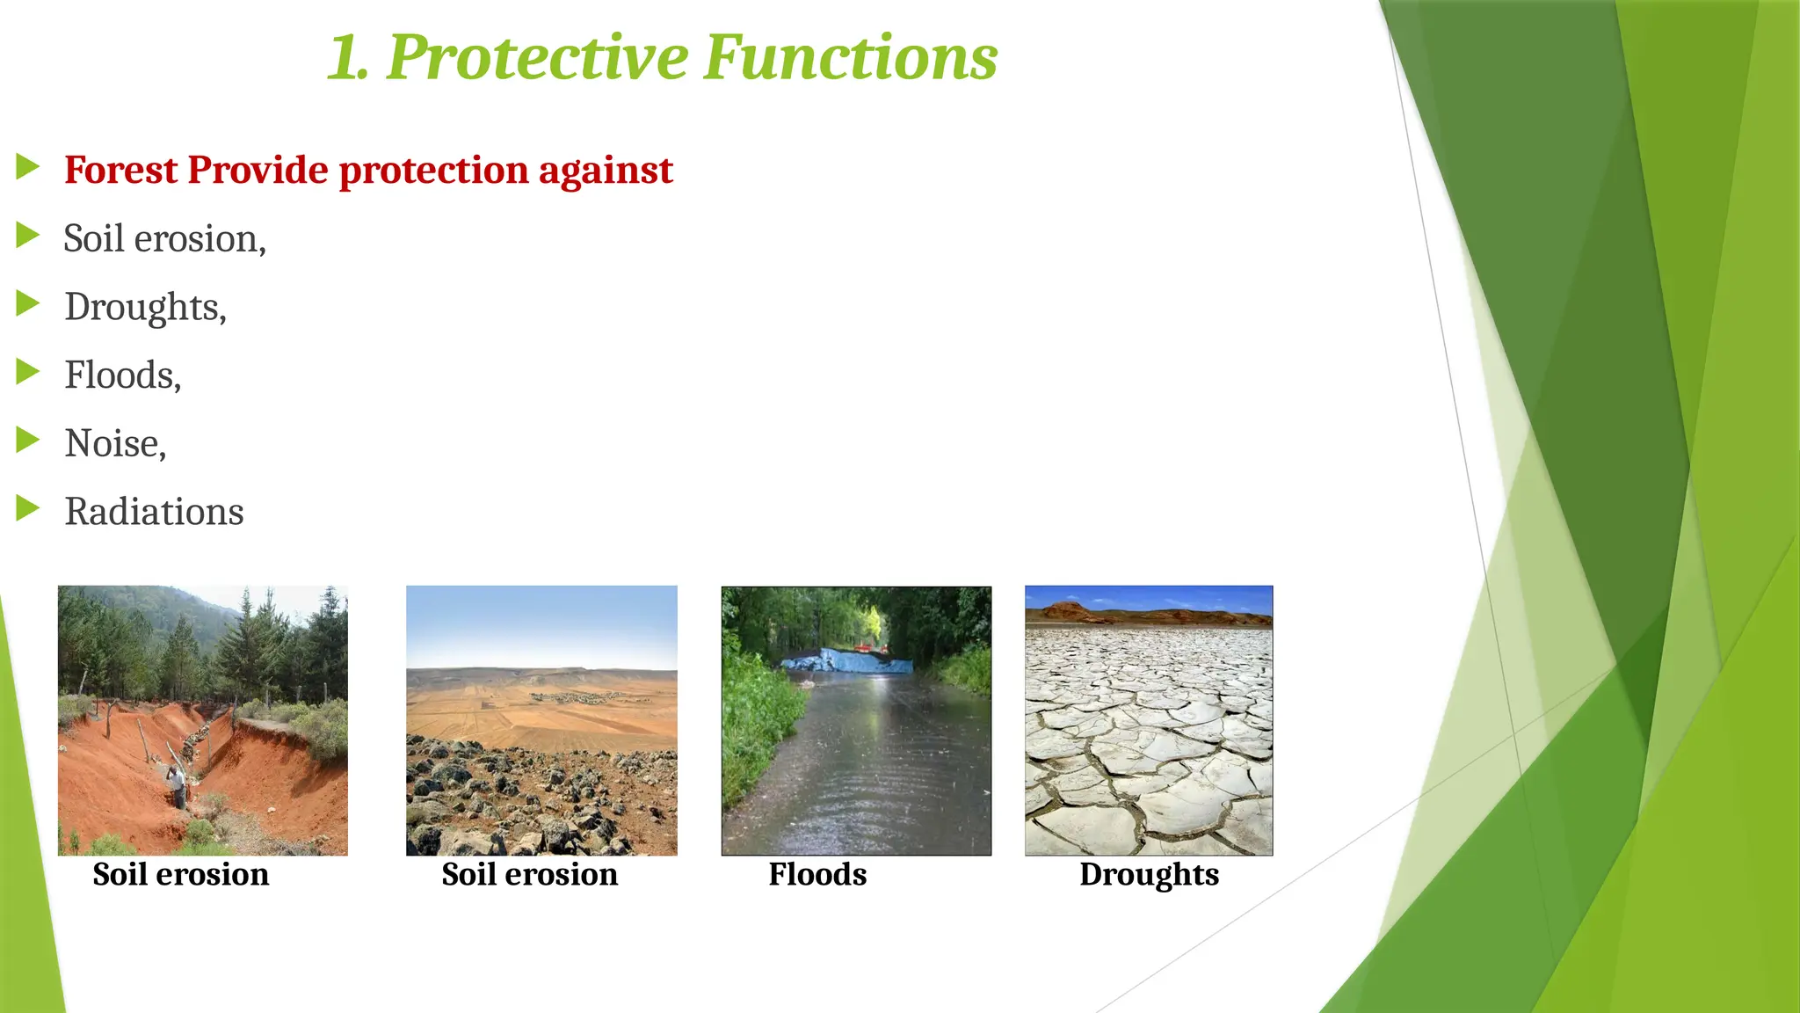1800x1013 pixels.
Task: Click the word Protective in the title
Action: coord(537,57)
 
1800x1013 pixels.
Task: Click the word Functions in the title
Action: coord(850,57)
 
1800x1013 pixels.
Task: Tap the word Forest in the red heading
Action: coord(120,170)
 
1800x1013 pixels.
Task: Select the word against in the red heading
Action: coord(606,170)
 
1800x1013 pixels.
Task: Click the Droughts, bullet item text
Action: coord(145,308)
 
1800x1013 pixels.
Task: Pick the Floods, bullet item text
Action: coord(122,375)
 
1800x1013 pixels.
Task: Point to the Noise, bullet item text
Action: coord(115,444)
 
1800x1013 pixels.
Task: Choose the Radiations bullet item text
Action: coord(154,512)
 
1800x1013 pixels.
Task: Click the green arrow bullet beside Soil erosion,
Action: coord(28,236)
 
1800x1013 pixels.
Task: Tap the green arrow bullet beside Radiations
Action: coord(28,508)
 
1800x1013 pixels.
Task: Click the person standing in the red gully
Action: coord(178,785)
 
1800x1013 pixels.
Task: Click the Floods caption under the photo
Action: coord(817,875)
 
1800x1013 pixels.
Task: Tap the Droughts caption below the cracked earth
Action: coord(1149,875)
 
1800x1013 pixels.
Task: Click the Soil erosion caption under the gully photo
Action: coord(180,875)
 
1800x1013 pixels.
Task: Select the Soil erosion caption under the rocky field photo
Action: coord(529,875)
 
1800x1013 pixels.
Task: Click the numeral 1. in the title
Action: coord(348,59)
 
